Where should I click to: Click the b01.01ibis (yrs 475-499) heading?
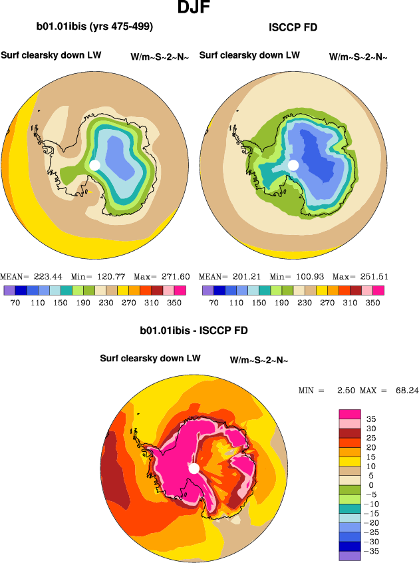(x=94, y=27)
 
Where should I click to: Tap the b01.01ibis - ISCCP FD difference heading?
(x=194, y=330)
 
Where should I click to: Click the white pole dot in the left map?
(x=94, y=164)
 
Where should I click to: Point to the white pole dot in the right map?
(x=293, y=164)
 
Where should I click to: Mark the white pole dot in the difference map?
(x=194, y=469)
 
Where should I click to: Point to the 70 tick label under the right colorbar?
(x=213, y=302)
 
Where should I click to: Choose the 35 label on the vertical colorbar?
(x=371, y=419)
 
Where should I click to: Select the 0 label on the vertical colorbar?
(x=370, y=485)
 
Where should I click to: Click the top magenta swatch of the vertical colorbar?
(x=350, y=414)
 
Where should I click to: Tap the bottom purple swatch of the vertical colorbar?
(x=350, y=556)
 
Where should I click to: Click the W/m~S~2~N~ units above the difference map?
(x=259, y=360)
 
